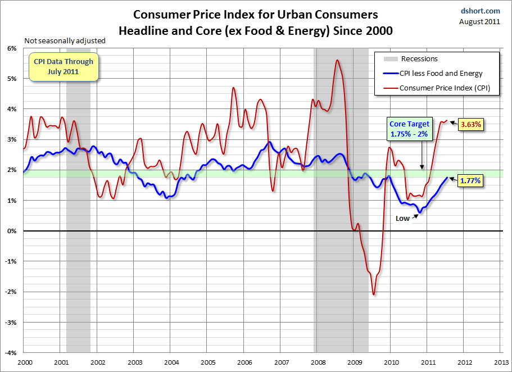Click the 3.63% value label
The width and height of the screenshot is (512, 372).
(470, 125)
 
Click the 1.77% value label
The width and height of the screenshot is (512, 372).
(470, 181)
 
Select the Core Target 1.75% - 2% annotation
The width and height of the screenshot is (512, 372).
(409, 129)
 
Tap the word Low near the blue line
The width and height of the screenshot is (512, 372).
(402, 219)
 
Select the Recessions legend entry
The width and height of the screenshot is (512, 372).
(419, 59)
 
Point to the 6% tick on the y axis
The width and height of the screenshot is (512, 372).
(11, 48)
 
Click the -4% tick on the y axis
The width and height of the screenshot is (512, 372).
(10, 353)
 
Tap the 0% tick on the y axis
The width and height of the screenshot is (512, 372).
(11, 231)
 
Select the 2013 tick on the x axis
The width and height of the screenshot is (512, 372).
(501, 363)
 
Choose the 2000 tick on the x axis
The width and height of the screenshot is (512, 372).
(24, 363)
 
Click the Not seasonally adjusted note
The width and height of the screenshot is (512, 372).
(64, 40)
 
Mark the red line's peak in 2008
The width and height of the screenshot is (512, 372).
(337, 60)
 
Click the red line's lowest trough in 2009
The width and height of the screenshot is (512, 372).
(374, 294)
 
